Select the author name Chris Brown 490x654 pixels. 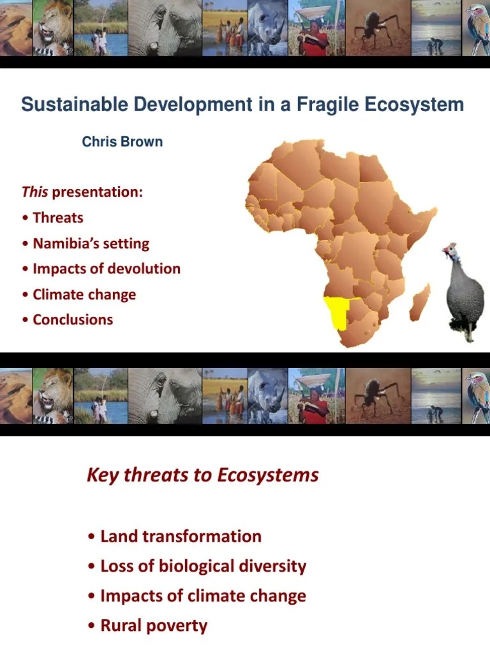point(122,142)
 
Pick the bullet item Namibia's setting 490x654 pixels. point(91,243)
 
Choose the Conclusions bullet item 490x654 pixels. point(73,320)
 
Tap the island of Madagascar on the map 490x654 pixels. point(420,303)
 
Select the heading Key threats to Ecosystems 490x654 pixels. point(202,475)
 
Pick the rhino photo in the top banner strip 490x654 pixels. point(267,28)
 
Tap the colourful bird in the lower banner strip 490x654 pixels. point(477,396)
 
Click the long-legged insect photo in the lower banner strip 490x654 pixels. point(376,396)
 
